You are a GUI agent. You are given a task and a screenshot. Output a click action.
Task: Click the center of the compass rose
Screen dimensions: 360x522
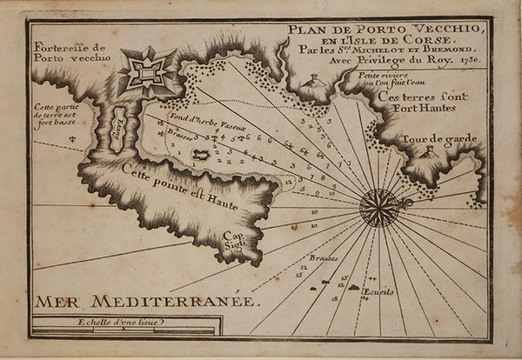pyautogui.click(x=379, y=207)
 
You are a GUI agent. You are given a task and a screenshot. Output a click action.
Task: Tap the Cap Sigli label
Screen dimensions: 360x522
pyautogui.click(x=234, y=240)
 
